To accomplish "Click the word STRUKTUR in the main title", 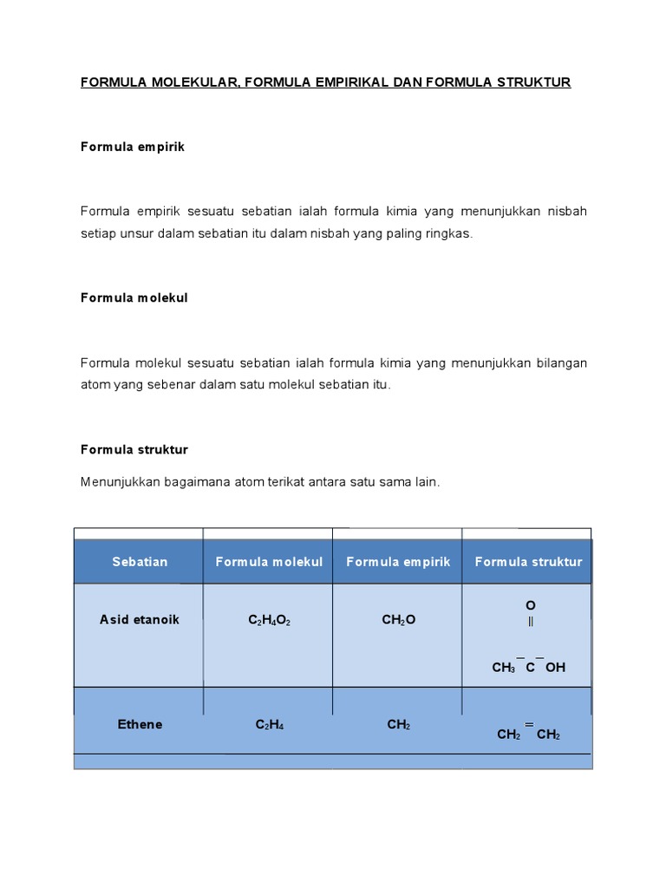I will coord(533,82).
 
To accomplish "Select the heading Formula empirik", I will coord(133,147).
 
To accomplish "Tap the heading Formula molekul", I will coord(134,297).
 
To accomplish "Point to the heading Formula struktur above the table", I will coord(134,449).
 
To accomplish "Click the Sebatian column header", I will coord(139,562).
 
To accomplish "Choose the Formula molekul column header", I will coord(269,562).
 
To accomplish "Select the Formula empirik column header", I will coord(398,562).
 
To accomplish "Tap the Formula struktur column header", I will coord(528,562).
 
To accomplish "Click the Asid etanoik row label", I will coord(140,620).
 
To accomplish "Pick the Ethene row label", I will coord(140,724).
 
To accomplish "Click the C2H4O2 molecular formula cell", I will coord(269,621).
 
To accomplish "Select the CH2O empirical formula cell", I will coord(399,621).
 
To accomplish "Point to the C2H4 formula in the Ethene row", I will coord(269,725).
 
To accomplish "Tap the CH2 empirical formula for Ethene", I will coord(399,725).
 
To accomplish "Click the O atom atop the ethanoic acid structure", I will coord(531,604).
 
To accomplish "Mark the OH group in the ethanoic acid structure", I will coord(556,668).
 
